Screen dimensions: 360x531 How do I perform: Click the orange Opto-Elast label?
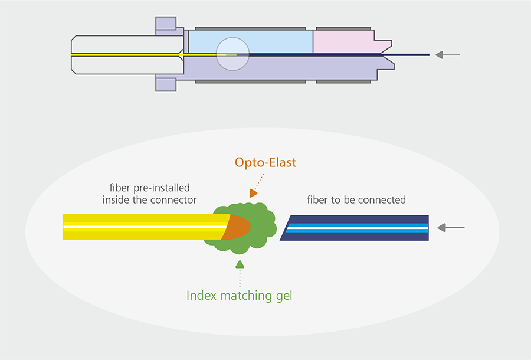pyautogui.click(x=265, y=162)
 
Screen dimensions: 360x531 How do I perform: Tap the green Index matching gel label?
pyautogui.click(x=240, y=295)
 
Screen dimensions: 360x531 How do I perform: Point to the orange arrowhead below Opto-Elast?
pyautogui.click(x=253, y=193)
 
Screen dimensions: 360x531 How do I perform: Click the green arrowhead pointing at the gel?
pyautogui.click(x=240, y=263)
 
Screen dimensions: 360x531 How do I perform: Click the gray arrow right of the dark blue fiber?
pyautogui.click(x=453, y=227)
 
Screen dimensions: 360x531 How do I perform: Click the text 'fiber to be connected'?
pyautogui.click(x=356, y=199)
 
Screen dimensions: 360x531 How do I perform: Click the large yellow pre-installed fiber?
pyautogui.click(x=142, y=227)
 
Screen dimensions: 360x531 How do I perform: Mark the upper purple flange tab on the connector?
pyautogui.click(x=166, y=24)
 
